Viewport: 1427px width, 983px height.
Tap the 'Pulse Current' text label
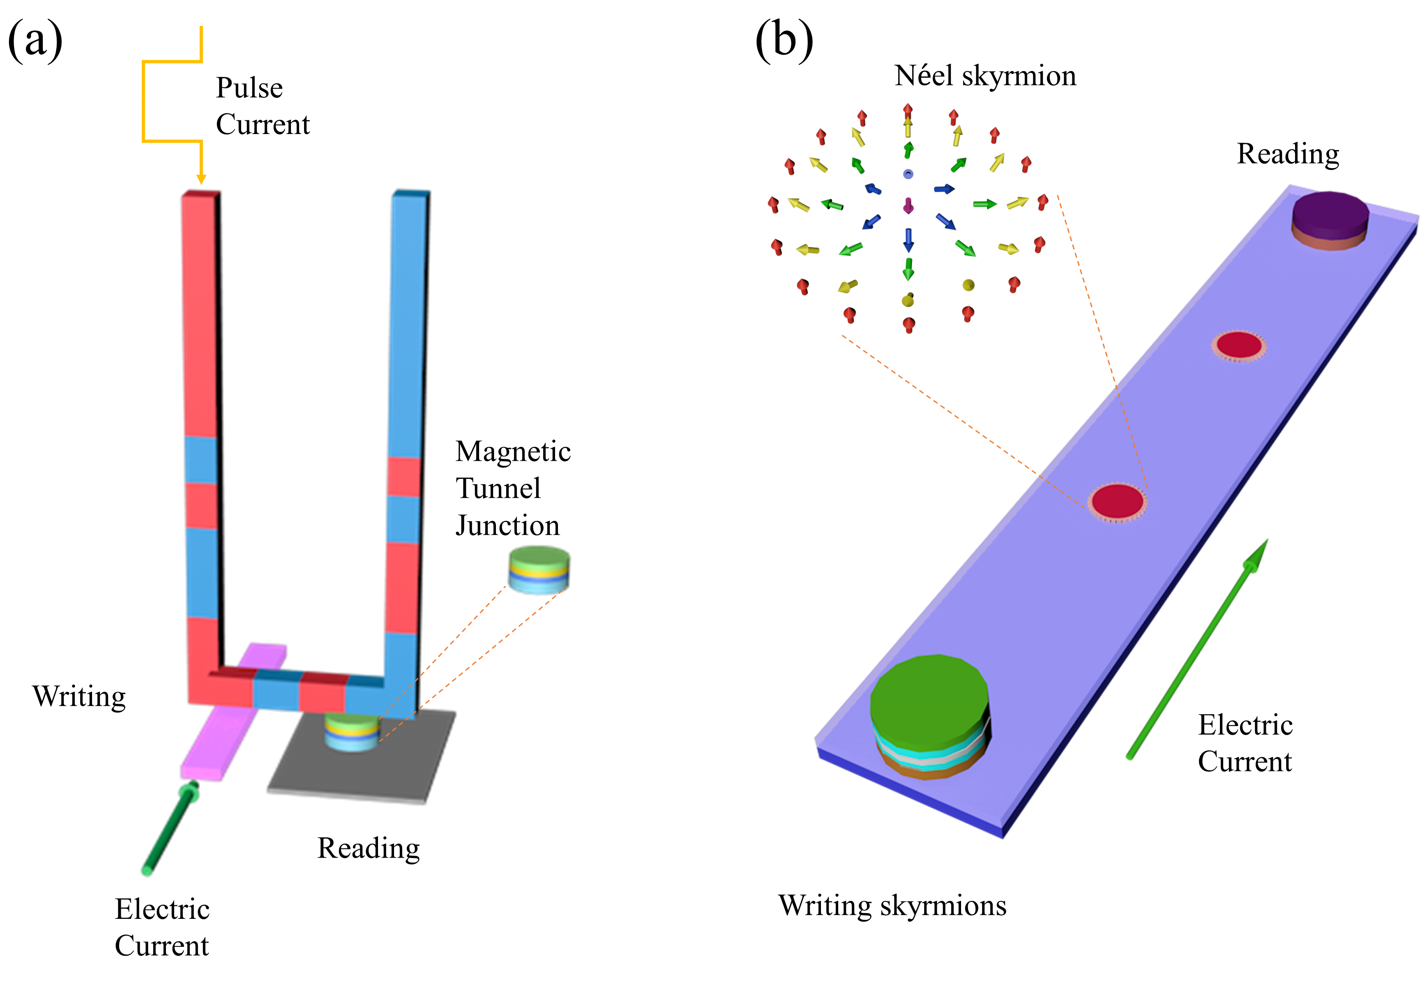(262, 106)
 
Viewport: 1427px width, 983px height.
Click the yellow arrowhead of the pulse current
(201, 178)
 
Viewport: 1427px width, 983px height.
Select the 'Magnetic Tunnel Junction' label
(513, 488)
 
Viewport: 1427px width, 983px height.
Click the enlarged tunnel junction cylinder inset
(539, 571)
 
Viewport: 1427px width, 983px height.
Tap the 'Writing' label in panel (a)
(79, 696)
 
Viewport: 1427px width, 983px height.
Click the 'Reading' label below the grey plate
(368, 848)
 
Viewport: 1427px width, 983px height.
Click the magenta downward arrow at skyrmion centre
(908, 206)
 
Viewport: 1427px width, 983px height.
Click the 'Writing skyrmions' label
(892, 906)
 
